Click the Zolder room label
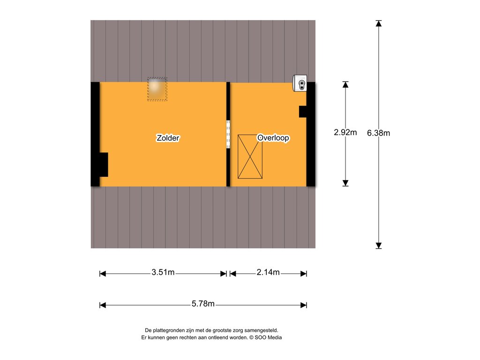(168, 138)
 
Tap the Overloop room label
(273, 138)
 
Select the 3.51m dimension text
(163, 272)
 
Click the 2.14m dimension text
(268, 272)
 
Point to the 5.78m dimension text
(203, 304)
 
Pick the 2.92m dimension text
(345, 132)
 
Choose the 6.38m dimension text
(378, 133)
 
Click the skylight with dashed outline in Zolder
(157, 89)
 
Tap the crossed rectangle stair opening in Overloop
(250, 157)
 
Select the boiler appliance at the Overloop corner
(300, 83)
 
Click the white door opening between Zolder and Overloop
(228, 135)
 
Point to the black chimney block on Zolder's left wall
(104, 165)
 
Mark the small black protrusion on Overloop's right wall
(303, 112)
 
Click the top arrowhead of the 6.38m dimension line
(379, 23)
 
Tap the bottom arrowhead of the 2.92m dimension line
(345, 183)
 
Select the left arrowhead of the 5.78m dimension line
(103, 305)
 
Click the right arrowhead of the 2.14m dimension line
(304, 274)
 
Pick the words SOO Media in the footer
(268, 337)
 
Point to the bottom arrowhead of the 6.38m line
(379, 246)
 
